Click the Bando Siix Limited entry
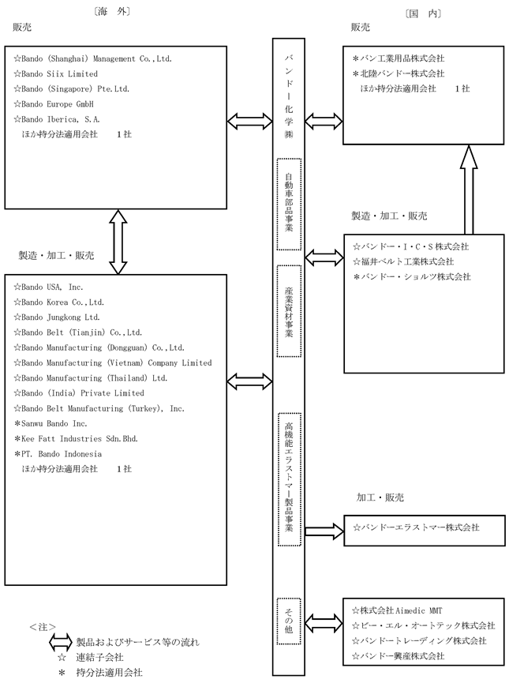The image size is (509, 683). click(x=56, y=73)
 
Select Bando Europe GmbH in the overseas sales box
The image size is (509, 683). click(x=54, y=104)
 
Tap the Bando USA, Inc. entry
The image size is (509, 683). click(x=48, y=287)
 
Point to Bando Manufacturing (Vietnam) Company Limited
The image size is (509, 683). click(x=113, y=363)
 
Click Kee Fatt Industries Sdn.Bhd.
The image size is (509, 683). click(x=77, y=439)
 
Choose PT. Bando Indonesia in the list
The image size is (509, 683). click(x=58, y=454)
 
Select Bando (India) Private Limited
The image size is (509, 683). click(x=79, y=393)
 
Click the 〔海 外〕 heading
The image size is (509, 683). click(x=112, y=11)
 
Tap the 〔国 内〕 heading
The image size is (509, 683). click(x=423, y=13)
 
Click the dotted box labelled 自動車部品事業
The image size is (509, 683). click(x=289, y=205)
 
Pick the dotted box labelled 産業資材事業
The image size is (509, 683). click(x=289, y=311)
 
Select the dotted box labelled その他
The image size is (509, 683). click(x=289, y=621)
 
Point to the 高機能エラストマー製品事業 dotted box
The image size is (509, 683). click(x=289, y=479)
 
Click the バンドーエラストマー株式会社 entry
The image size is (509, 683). click(x=416, y=527)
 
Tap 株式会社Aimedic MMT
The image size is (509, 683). click(x=397, y=610)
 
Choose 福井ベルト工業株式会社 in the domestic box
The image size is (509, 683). click(x=403, y=262)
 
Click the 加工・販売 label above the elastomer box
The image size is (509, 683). click(x=380, y=497)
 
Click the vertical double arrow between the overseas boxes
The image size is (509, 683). click(x=118, y=242)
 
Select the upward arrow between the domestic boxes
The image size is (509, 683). click(x=469, y=190)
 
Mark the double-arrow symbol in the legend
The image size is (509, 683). click(x=60, y=642)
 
